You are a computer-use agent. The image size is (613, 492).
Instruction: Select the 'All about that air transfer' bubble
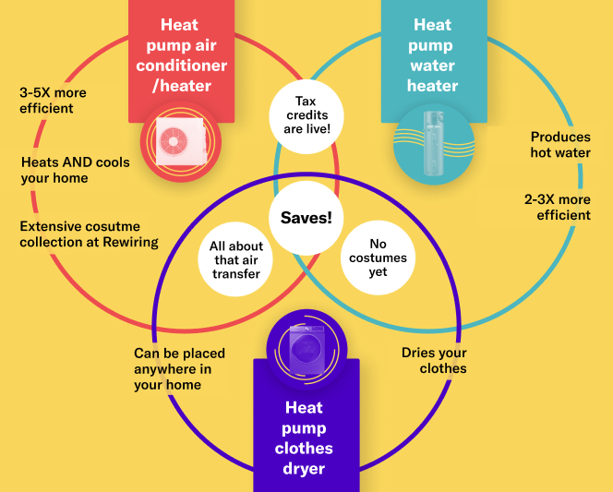tap(236, 260)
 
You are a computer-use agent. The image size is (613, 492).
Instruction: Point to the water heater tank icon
tap(431, 141)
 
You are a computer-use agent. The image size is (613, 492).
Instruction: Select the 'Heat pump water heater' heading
tap(432, 55)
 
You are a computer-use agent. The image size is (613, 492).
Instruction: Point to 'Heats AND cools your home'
tap(76, 170)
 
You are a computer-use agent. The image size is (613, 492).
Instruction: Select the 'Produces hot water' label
tap(560, 145)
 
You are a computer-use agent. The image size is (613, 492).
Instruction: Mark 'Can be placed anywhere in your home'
tap(179, 369)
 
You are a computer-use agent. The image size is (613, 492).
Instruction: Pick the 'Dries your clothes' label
tap(434, 361)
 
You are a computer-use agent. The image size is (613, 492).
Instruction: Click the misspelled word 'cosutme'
tap(112, 226)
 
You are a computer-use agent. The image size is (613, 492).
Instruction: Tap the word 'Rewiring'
tap(131, 242)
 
